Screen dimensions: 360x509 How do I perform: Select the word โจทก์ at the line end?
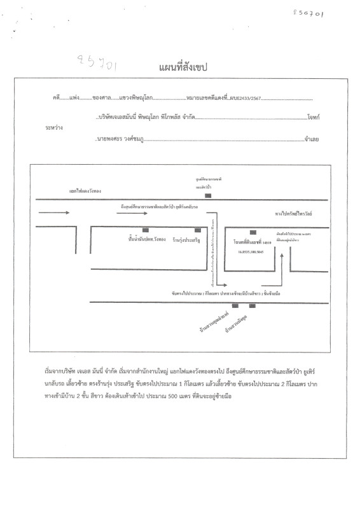tap(312, 118)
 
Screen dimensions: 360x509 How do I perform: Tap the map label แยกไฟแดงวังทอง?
tap(86, 190)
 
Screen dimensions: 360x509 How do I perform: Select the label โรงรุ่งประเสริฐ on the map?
tap(195, 239)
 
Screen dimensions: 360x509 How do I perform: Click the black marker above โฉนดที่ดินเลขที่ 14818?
tap(253, 232)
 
